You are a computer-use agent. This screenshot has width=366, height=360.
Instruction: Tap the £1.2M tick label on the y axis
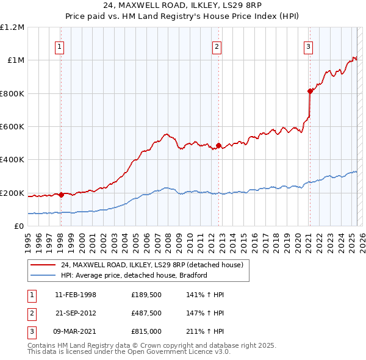tap(12, 27)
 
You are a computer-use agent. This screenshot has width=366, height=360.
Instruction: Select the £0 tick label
tap(19, 226)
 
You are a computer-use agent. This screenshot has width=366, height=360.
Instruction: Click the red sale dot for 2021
tap(310, 91)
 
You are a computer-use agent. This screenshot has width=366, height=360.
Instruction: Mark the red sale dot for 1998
tap(61, 195)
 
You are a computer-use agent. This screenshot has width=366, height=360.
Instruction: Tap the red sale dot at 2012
tap(218, 146)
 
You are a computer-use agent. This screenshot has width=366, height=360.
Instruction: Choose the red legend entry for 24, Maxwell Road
tap(152, 265)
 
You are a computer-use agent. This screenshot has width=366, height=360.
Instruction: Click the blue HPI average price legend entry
tap(134, 275)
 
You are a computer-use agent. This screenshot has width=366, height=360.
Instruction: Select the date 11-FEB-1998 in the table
tap(76, 295)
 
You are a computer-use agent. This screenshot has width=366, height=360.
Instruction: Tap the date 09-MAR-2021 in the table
tap(76, 333)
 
